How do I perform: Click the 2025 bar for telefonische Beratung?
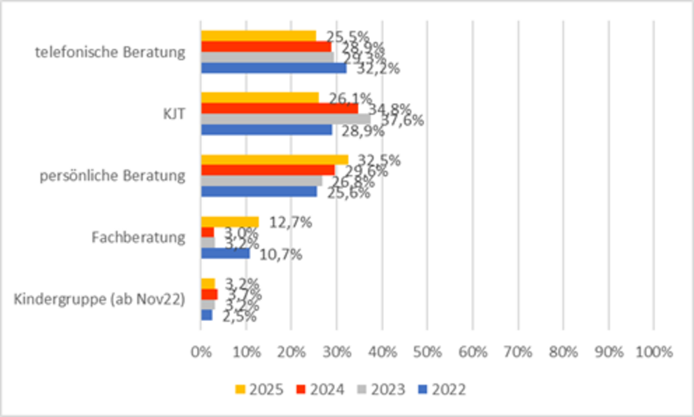click(258, 36)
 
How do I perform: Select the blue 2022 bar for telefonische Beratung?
click(273, 68)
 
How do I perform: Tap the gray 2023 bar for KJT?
click(285, 119)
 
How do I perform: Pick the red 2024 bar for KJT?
click(279, 108)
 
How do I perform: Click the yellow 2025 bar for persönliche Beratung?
click(274, 159)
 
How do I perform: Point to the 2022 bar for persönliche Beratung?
click(259, 191)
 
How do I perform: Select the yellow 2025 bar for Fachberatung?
click(229, 221)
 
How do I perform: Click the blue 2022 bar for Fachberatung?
click(225, 253)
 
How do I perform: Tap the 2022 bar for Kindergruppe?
click(207, 315)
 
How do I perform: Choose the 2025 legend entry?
click(259, 389)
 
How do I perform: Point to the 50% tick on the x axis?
click(427, 351)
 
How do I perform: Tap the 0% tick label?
click(201, 351)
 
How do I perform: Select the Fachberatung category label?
click(139, 238)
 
